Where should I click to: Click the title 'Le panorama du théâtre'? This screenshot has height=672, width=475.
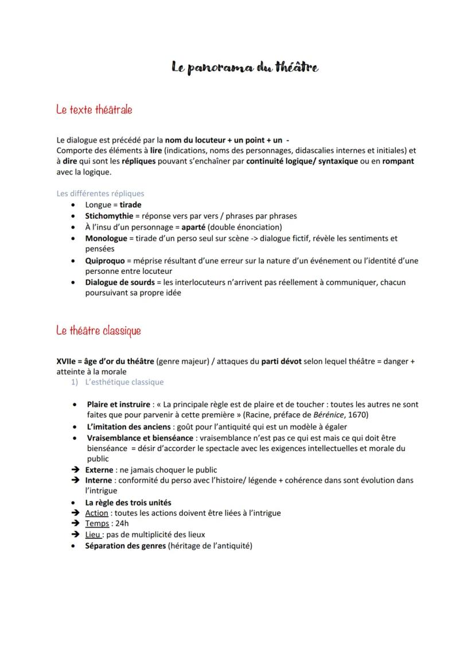coord(245,68)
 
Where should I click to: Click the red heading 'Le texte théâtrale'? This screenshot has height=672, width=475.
coord(95,109)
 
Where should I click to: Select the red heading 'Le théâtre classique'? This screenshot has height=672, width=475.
coord(99,331)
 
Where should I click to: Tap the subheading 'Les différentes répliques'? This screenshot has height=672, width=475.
coord(100,193)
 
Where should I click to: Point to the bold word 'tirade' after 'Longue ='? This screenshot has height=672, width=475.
coord(130,205)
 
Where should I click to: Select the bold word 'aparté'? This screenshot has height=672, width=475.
coord(181,227)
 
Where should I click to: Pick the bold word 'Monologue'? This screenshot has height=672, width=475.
coord(106,238)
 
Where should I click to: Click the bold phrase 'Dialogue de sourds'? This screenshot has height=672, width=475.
coord(120,282)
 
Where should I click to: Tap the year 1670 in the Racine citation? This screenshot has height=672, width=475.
coord(356,415)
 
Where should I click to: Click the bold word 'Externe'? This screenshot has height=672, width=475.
coord(99,469)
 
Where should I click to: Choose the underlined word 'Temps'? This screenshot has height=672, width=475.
coord(97,524)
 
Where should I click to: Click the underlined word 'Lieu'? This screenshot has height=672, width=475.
coord(94,535)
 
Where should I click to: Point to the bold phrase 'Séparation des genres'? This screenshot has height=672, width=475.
coord(126,546)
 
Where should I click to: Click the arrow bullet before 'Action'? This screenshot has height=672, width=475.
coord(75,513)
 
